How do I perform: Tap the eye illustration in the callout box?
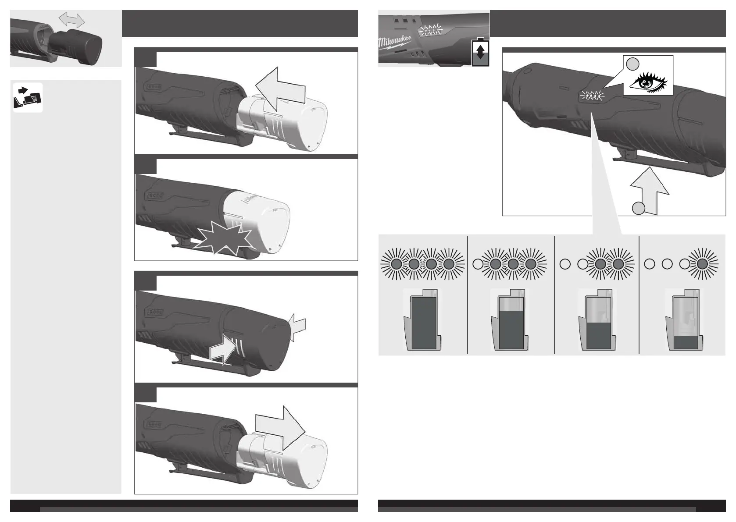[648, 82]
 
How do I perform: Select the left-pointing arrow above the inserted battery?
[280, 89]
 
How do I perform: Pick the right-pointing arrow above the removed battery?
[280, 428]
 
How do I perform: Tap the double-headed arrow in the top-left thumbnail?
[71, 20]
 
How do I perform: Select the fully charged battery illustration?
[422, 320]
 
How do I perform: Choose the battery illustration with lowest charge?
[684, 320]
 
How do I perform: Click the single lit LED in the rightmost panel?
[702, 264]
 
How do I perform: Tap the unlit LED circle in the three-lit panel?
[478, 264]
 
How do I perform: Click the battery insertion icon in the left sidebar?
[28, 97]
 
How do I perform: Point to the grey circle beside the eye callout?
[632, 64]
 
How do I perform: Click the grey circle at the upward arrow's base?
[639, 208]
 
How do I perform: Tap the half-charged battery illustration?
[597, 320]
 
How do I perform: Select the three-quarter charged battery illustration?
[510, 320]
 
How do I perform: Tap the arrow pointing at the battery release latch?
[222, 349]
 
